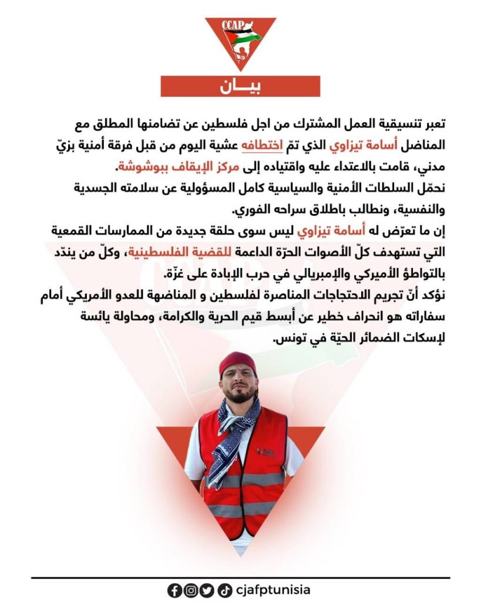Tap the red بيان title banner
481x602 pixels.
240,86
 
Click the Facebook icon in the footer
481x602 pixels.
174,590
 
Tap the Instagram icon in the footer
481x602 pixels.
190,590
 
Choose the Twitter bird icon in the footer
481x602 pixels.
206,590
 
